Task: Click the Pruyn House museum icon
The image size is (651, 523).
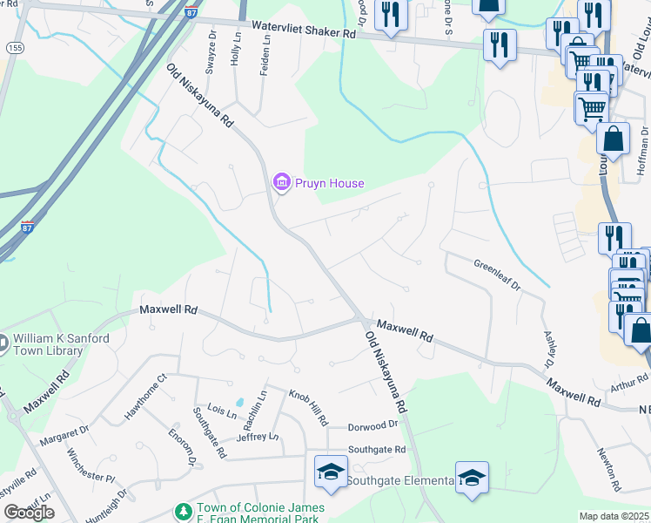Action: point(281,182)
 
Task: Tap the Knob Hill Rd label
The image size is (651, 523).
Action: point(308,407)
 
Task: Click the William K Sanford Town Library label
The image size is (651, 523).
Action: point(49,345)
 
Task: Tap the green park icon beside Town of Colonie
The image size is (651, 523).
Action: point(183,510)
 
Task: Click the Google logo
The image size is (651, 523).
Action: point(29,512)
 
